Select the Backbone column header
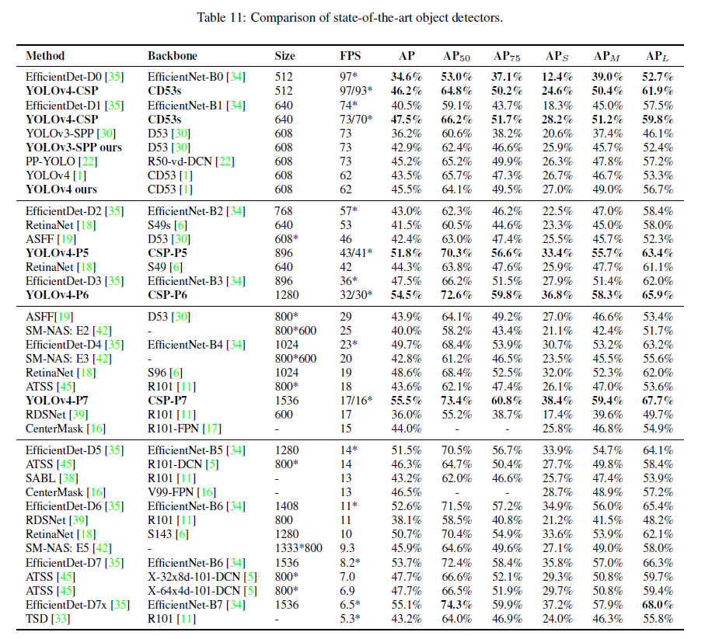tap(173, 56)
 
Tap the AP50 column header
tap(456, 56)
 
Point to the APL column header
tap(658, 56)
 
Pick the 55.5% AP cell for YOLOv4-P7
tap(407, 401)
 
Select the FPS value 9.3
tap(347, 548)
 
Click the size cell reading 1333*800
tap(298, 548)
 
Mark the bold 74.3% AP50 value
tap(457, 605)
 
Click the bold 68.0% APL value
tap(658, 605)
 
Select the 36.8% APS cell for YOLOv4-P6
tap(557, 295)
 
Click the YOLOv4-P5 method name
tap(57, 253)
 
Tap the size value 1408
tap(287, 506)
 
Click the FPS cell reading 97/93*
tap(356, 91)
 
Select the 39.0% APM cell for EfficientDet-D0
tap(607, 77)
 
